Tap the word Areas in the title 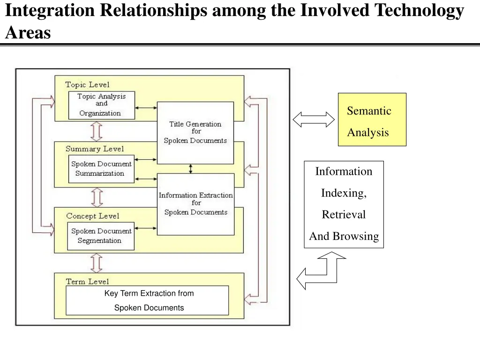(x=28, y=33)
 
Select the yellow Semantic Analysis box (x=372, y=120)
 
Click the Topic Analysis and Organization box (x=101, y=105)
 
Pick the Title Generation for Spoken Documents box (x=195, y=133)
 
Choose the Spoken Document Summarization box (x=101, y=169)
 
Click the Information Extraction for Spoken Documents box (x=195, y=204)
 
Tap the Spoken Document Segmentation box (x=101, y=236)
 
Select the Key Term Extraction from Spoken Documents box (x=147, y=300)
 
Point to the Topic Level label (x=87, y=85)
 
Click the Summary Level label (x=95, y=149)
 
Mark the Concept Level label (x=93, y=216)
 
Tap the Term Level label (x=87, y=281)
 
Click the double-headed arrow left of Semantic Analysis (x=314, y=120)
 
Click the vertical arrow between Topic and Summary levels (x=97, y=131)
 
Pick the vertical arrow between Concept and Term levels (x=97, y=263)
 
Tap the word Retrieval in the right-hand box (x=344, y=215)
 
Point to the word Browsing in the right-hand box (x=355, y=236)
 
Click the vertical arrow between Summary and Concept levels (x=97, y=197)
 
